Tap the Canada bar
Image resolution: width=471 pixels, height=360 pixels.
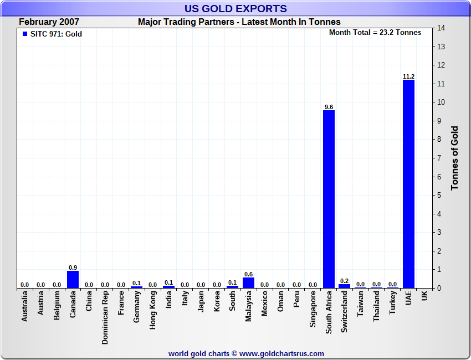[73, 279]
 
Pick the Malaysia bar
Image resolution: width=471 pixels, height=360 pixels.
[248, 282]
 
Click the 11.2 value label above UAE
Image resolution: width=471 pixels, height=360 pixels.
[408, 76]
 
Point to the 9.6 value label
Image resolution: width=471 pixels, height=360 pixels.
[329, 107]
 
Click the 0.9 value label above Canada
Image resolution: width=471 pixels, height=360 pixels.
[73, 268]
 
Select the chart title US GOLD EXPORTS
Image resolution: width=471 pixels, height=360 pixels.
[235, 8]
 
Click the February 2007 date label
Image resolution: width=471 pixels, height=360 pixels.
[49, 22]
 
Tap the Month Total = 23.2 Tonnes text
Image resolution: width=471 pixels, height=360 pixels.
[375, 33]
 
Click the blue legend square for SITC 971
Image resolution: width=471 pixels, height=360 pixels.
[24, 34]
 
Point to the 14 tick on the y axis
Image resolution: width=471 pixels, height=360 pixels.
[442, 28]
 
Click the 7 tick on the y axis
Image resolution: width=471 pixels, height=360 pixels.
[440, 158]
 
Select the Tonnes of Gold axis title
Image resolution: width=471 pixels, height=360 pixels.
[455, 158]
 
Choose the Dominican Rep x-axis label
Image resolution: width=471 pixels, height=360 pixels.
[105, 318]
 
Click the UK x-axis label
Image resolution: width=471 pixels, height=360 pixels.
[424, 297]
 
